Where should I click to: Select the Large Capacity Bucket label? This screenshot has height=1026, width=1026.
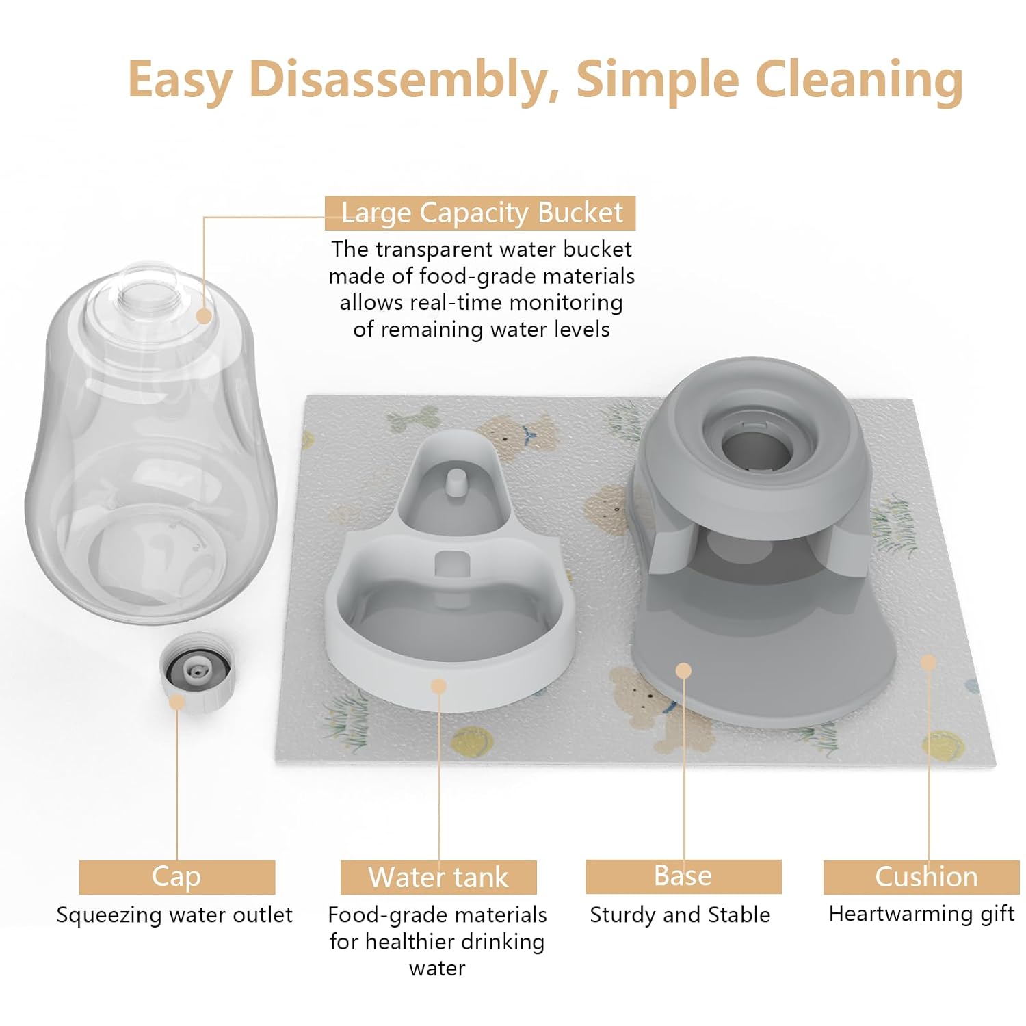tap(480, 213)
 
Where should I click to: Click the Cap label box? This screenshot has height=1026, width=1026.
tap(176, 877)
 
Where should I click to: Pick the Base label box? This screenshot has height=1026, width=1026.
tap(683, 876)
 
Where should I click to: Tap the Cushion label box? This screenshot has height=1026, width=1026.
tap(925, 877)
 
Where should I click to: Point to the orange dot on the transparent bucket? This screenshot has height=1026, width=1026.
tap(204, 315)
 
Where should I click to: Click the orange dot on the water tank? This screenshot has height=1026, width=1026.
tap(439, 685)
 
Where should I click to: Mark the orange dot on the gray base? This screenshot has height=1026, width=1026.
tap(683, 670)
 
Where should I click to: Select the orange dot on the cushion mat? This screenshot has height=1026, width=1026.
tap(928, 662)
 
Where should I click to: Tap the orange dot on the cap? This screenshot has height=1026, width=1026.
tap(177, 702)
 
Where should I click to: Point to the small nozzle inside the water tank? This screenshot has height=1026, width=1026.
tap(453, 481)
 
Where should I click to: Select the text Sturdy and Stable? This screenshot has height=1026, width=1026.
tap(680, 915)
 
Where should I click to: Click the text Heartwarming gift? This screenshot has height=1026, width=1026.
tap(921, 914)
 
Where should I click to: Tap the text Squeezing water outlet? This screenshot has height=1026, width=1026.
tap(174, 915)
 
